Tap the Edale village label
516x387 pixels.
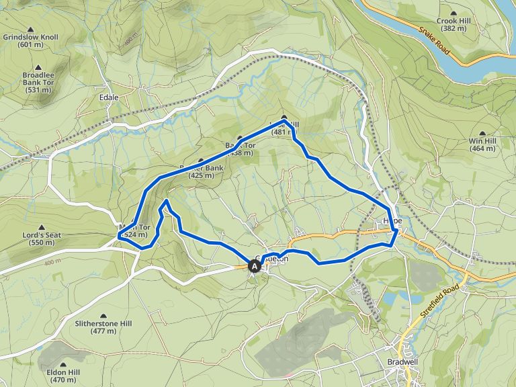coord(109,97)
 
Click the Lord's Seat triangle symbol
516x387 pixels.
coord(42,228)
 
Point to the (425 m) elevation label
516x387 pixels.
coord(201,175)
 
